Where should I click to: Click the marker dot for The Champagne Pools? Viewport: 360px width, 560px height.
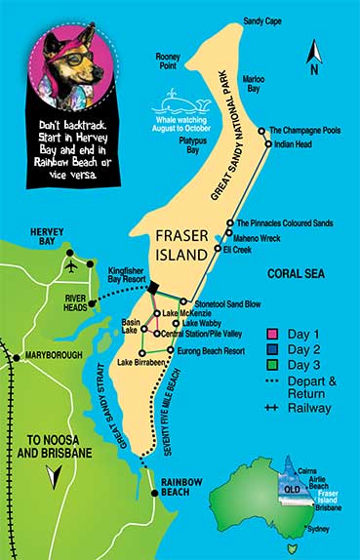click(x=261, y=130)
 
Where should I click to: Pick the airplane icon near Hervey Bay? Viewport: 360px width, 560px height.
click(x=71, y=265)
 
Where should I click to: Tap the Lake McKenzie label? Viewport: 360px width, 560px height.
click(x=187, y=312)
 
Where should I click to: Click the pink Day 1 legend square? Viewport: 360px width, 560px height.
click(x=271, y=335)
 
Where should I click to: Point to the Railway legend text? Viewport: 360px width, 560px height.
click(x=309, y=408)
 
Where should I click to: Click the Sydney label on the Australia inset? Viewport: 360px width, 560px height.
click(x=319, y=530)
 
